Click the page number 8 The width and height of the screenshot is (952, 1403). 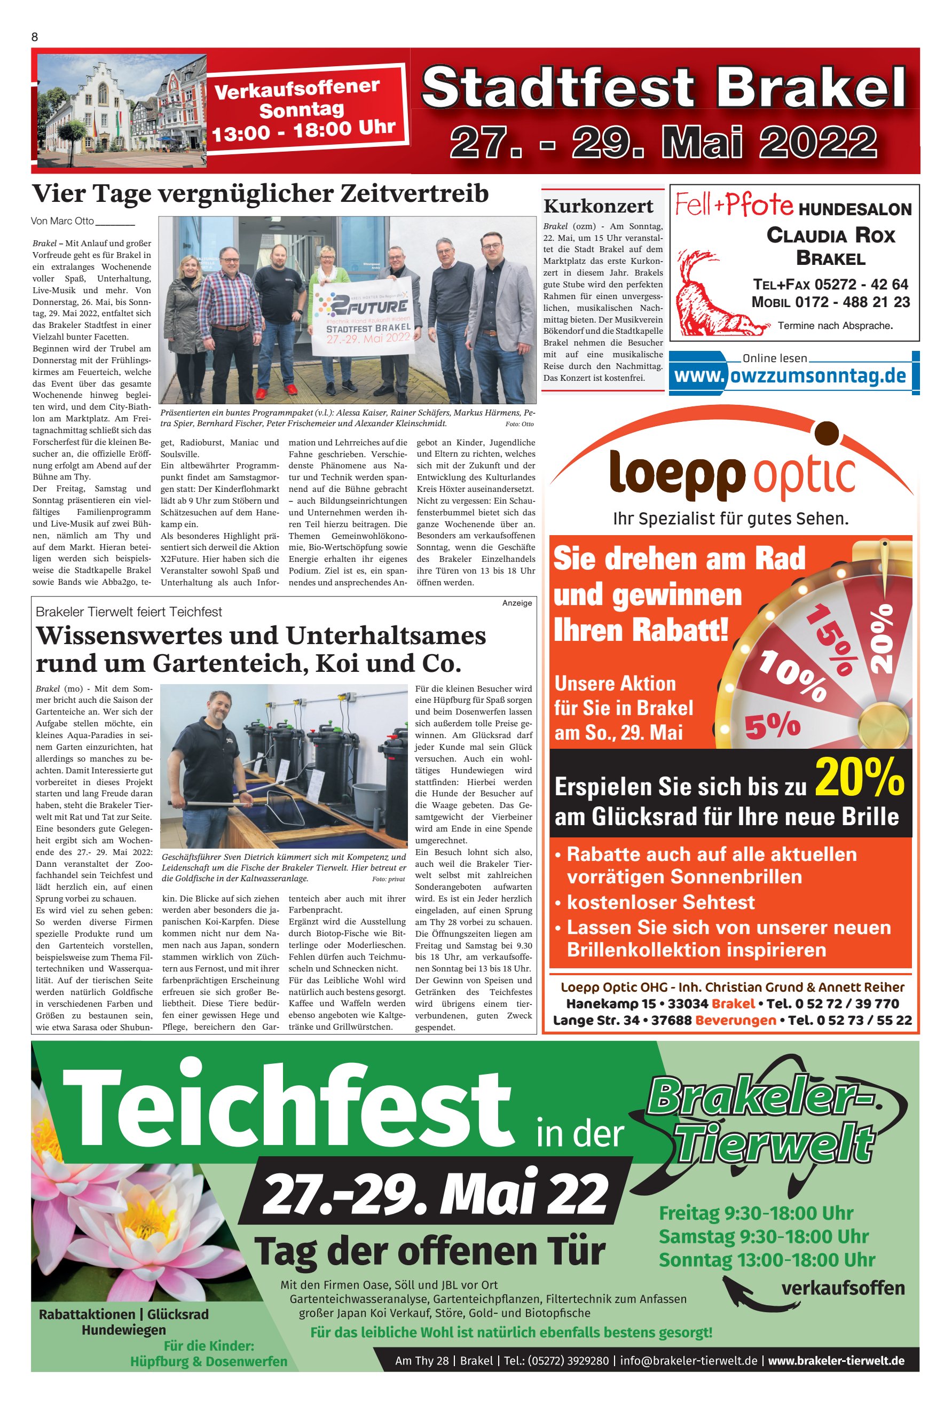click(x=34, y=37)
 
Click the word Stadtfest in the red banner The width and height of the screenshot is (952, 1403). click(x=558, y=88)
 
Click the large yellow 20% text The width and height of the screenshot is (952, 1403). click(x=859, y=778)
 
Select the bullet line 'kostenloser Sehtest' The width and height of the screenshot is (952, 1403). click(x=660, y=902)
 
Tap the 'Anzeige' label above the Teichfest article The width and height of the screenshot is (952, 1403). click(x=517, y=602)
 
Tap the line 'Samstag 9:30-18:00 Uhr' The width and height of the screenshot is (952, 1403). click(x=763, y=1236)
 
